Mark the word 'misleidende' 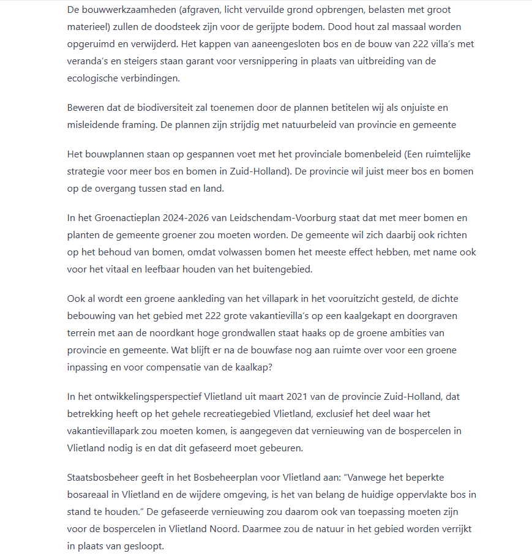coord(94,124)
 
